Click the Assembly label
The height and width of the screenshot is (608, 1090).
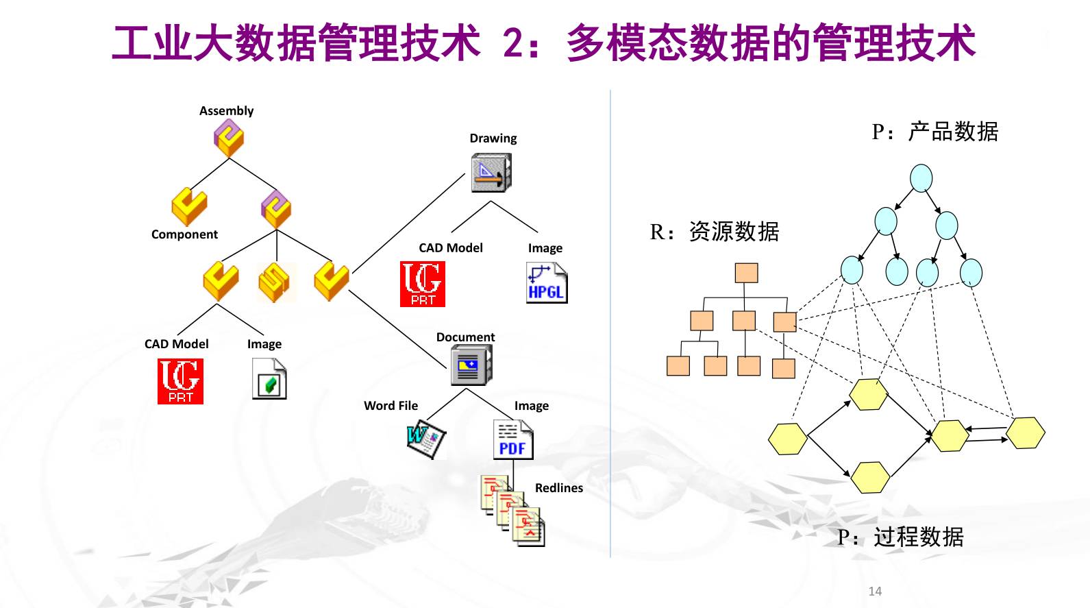point(226,111)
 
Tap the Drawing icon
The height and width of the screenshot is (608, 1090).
point(491,172)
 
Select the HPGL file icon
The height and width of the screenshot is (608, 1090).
point(546,283)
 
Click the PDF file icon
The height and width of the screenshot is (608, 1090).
point(512,439)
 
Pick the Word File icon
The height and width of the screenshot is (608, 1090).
point(426,439)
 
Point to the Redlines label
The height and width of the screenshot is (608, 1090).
point(558,488)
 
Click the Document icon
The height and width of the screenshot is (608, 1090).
point(471,364)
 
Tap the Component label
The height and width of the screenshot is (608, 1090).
point(184,234)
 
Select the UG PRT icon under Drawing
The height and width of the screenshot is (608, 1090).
point(422,284)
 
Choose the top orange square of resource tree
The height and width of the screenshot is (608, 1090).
point(746,273)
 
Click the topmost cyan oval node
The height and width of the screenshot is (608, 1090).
point(921,178)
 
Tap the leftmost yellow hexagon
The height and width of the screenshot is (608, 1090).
point(787,439)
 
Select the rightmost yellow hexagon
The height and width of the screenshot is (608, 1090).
point(1026,433)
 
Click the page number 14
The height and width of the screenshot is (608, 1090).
point(875,591)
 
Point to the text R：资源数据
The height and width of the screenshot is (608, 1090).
point(714,232)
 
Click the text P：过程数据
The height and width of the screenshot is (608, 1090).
point(900,537)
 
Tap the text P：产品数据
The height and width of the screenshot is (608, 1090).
point(934,131)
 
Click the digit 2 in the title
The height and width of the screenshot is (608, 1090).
point(514,42)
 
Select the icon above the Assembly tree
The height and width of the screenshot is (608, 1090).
point(228,138)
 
